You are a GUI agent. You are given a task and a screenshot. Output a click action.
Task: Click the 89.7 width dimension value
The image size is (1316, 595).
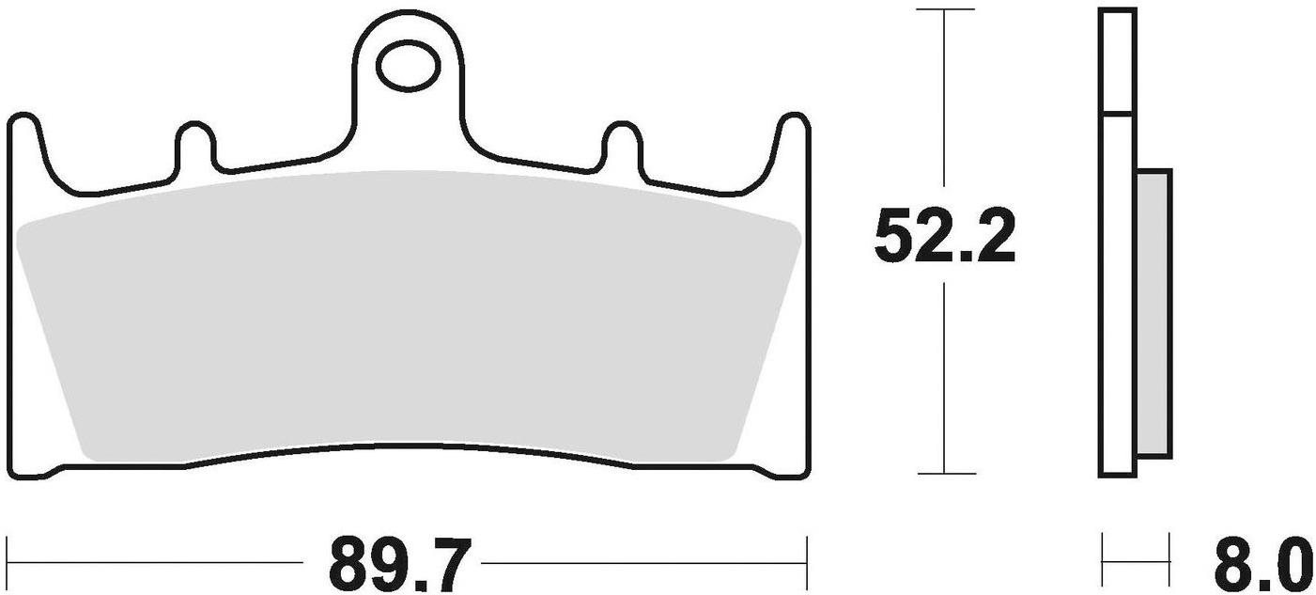coord(397,562)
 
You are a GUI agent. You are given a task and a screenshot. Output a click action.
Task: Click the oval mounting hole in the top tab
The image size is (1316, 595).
coord(408,65)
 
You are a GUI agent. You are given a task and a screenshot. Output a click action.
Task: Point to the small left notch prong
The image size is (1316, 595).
coord(193,144)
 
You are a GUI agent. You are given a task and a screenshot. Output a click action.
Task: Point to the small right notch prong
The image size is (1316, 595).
coord(620,144)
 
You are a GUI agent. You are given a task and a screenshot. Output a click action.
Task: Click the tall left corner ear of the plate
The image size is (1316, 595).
coord(25,141)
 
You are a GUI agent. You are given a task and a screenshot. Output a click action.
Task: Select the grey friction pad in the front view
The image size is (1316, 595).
coord(408,320)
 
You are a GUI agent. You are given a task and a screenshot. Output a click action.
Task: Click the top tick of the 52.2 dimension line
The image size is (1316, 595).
coord(944,10)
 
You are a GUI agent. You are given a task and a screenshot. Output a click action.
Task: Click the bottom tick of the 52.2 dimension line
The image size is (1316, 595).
coord(944,473)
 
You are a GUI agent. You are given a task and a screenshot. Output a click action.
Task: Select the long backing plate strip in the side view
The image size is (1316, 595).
coord(1116,291)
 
